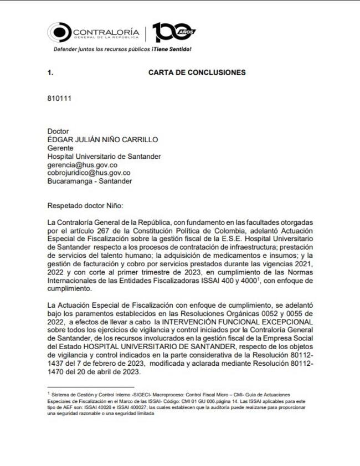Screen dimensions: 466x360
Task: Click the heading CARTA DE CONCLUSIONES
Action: click(x=197, y=73)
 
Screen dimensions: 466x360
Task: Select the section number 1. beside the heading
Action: click(x=51, y=73)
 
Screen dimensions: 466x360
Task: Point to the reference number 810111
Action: click(x=59, y=99)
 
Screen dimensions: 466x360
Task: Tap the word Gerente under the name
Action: click(x=61, y=148)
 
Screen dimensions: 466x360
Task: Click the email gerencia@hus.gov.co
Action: click(x=83, y=164)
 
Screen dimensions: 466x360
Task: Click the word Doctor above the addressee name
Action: click(x=59, y=131)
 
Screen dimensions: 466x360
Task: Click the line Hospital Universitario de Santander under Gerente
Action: click(x=105, y=156)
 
